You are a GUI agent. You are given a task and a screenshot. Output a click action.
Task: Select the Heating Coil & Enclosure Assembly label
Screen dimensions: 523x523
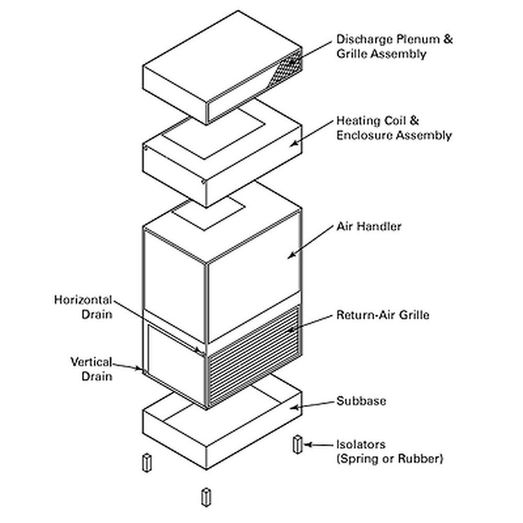[x=393, y=128]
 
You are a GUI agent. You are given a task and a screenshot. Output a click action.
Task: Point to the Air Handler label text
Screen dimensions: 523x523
[x=369, y=226]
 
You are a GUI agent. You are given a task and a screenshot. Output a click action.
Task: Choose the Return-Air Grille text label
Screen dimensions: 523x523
[x=382, y=315]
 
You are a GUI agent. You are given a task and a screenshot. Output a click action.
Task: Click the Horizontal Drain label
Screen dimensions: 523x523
[x=83, y=307]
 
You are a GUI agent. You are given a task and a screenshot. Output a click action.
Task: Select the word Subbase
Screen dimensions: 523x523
[x=361, y=401]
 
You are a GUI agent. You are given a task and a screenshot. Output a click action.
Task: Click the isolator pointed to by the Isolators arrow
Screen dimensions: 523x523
[x=298, y=444]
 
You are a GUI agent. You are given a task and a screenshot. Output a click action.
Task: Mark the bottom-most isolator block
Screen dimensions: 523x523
[x=206, y=496]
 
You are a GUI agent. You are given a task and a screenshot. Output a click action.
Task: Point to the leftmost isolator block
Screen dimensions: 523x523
[x=146, y=462]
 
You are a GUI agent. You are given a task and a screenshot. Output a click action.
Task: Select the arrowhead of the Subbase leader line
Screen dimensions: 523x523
[x=293, y=407]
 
